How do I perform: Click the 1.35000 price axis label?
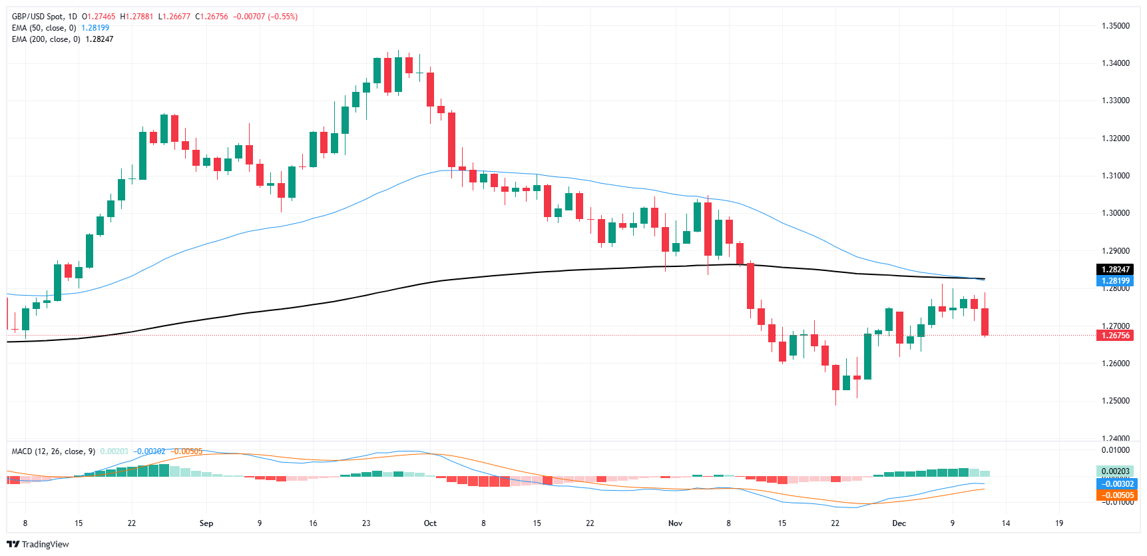click(x=1115, y=26)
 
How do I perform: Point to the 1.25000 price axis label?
click(x=1115, y=401)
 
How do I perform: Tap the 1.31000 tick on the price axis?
click(x=1115, y=176)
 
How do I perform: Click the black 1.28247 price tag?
click(x=1114, y=270)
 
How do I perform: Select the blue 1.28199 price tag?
click(x=1114, y=281)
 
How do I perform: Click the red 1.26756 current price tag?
click(x=1114, y=336)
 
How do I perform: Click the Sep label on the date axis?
click(x=206, y=523)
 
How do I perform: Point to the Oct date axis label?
click(x=430, y=523)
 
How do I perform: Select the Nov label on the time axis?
click(x=675, y=523)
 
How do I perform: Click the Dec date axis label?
click(x=899, y=523)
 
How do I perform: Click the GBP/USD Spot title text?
click(x=39, y=17)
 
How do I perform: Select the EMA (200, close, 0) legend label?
click(x=46, y=39)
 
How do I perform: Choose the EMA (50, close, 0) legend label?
click(x=44, y=28)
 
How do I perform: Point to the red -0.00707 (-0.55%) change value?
click(x=265, y=17)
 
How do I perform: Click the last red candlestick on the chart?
click(x=985, y=322)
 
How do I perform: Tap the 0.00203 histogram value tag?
click(x=1116, y=471)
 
